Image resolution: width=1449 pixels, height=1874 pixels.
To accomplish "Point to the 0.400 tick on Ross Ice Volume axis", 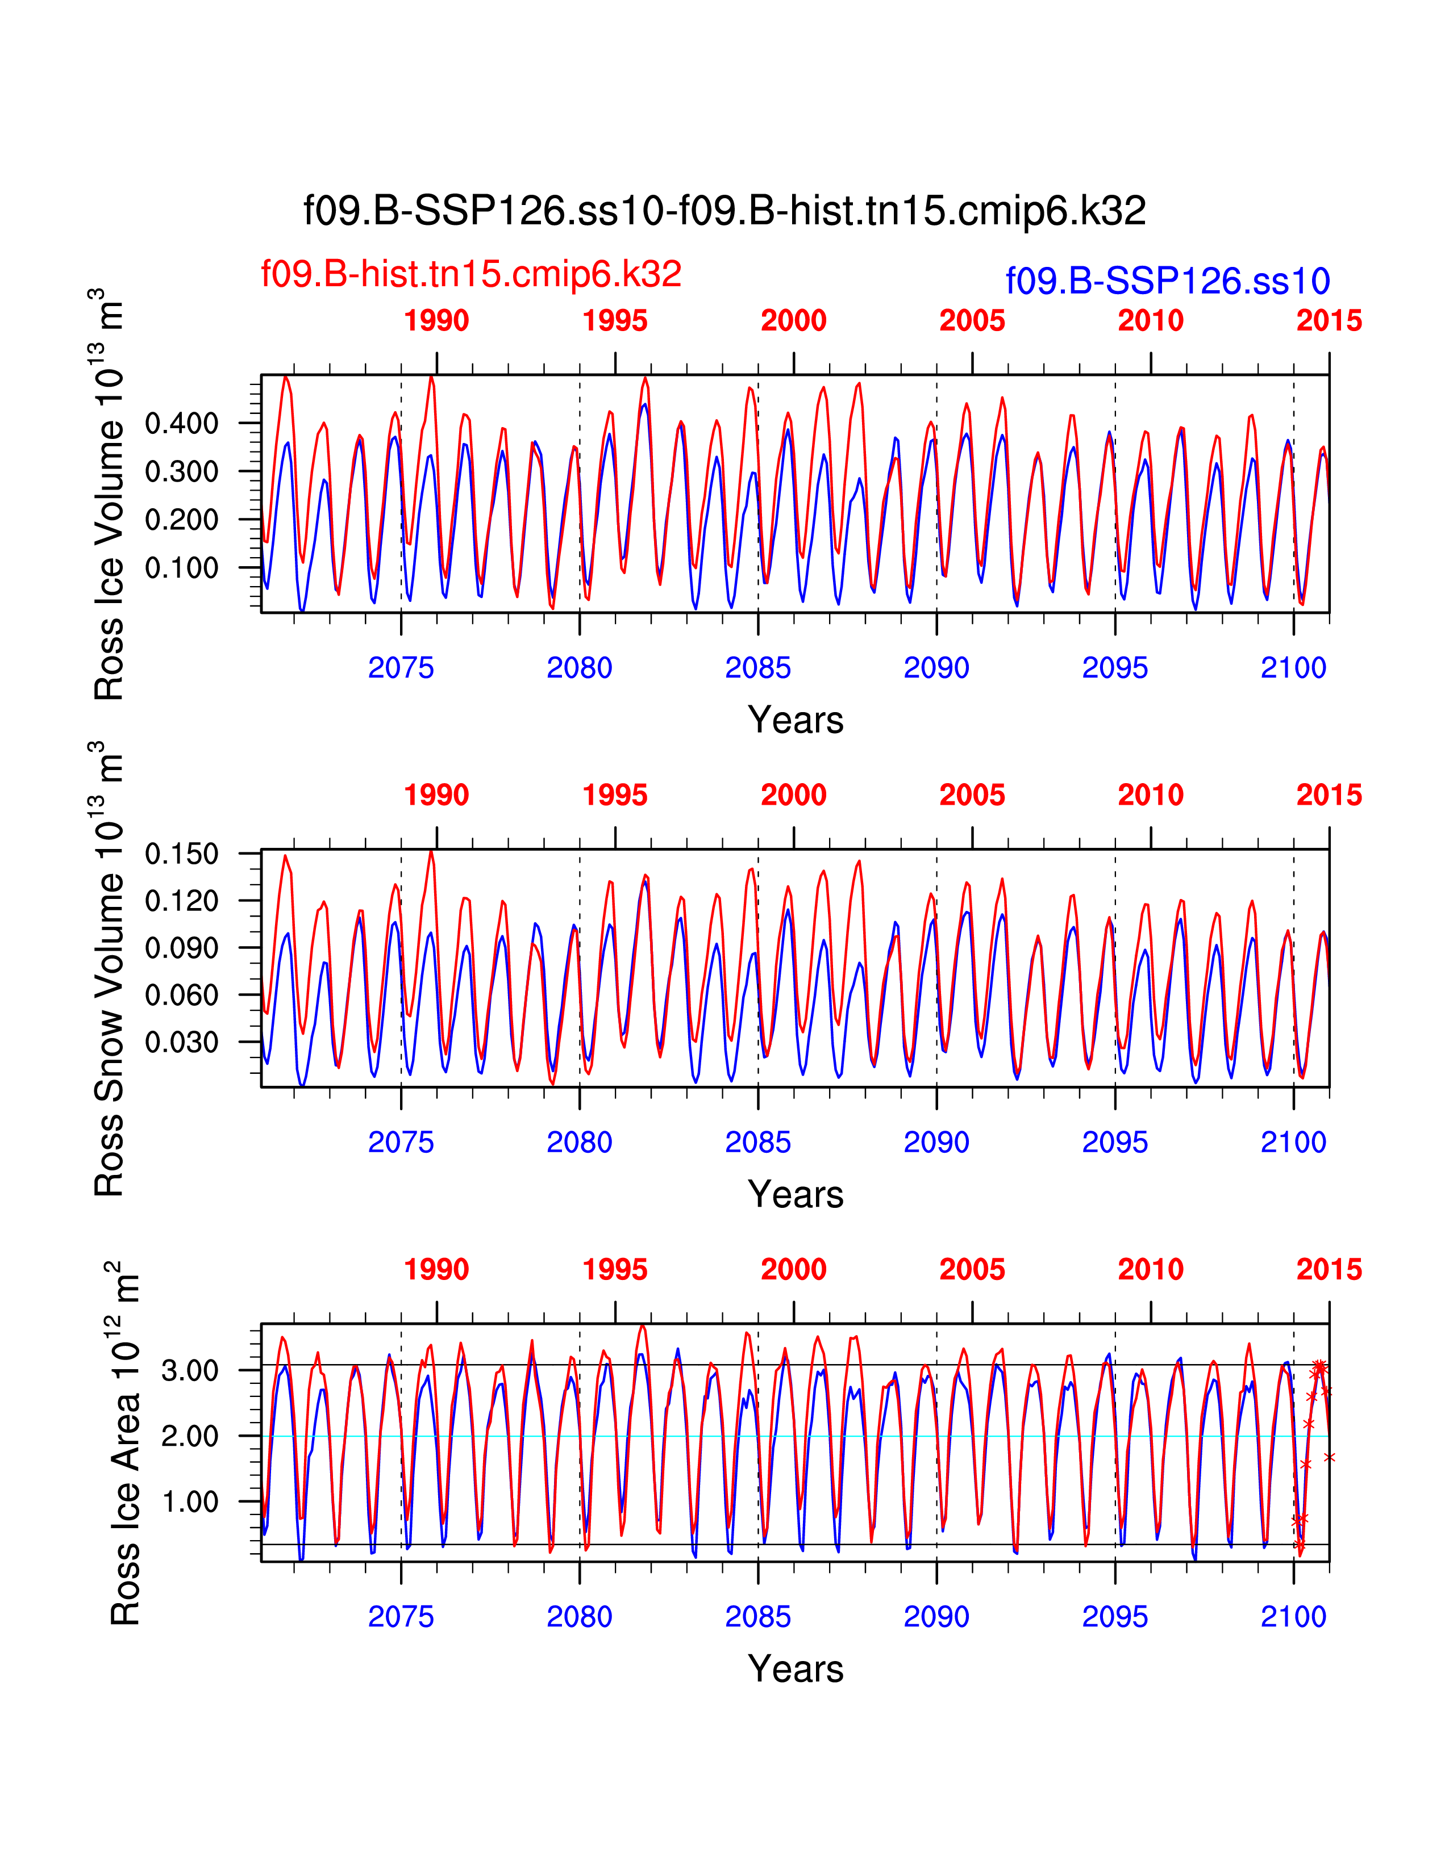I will (181, 423).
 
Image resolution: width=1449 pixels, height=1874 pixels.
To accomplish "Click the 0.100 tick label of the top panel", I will (181, 567).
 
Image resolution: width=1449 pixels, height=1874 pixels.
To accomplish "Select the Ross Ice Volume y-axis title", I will (109, 495).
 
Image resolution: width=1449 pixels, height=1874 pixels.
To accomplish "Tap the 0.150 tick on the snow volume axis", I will (181, 854).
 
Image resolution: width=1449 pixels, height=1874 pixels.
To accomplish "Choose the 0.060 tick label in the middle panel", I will (181, 995).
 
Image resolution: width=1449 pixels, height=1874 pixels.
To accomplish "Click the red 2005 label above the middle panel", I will (972, 796).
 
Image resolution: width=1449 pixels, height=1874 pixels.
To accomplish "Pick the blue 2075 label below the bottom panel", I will (401, 1617).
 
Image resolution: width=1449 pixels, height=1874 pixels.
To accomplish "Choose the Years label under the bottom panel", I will (795, 1669).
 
